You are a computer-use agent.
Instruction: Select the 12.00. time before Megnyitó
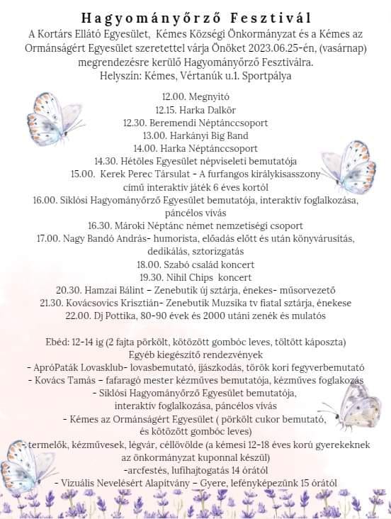(x=175, y=97)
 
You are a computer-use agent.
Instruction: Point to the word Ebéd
(x=56, y=342)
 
